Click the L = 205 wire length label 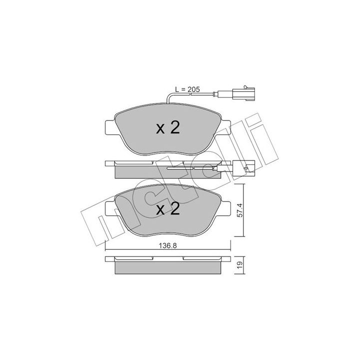(x=187, y=89)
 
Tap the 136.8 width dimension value (x=168, y=245)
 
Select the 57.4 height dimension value (x=239, y=210)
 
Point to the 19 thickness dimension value (x=239, y=265)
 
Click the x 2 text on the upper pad (x=168, y=128)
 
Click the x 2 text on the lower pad (x=168, y=209)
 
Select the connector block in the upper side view (x=243, y=168)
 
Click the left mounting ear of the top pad (x=110, y=127)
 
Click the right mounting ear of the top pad (x=225, y=127)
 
